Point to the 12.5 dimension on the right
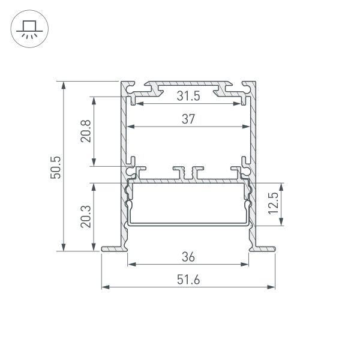tap(273, 204)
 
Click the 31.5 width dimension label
tap(188, 96)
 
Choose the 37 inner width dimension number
tap(188, 119)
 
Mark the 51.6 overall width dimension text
tap(188, 280)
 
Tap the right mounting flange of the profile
tap(264, 247)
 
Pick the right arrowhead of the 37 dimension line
tap(247, 127)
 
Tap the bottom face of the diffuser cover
tap(188, 224)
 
